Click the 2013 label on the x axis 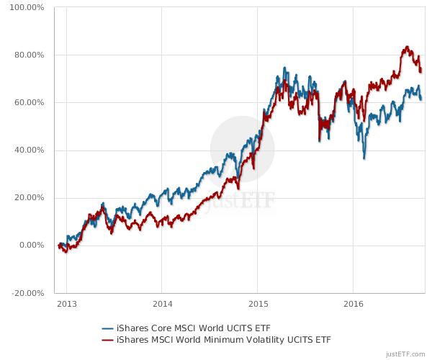pos(66,304)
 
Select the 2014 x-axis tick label pos(163,304)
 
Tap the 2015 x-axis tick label pos(258,304)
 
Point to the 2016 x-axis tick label pos(353,304)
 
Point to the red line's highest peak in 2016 pos(407,48)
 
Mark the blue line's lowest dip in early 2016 pos(364,157)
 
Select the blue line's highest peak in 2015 pos(285,68)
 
